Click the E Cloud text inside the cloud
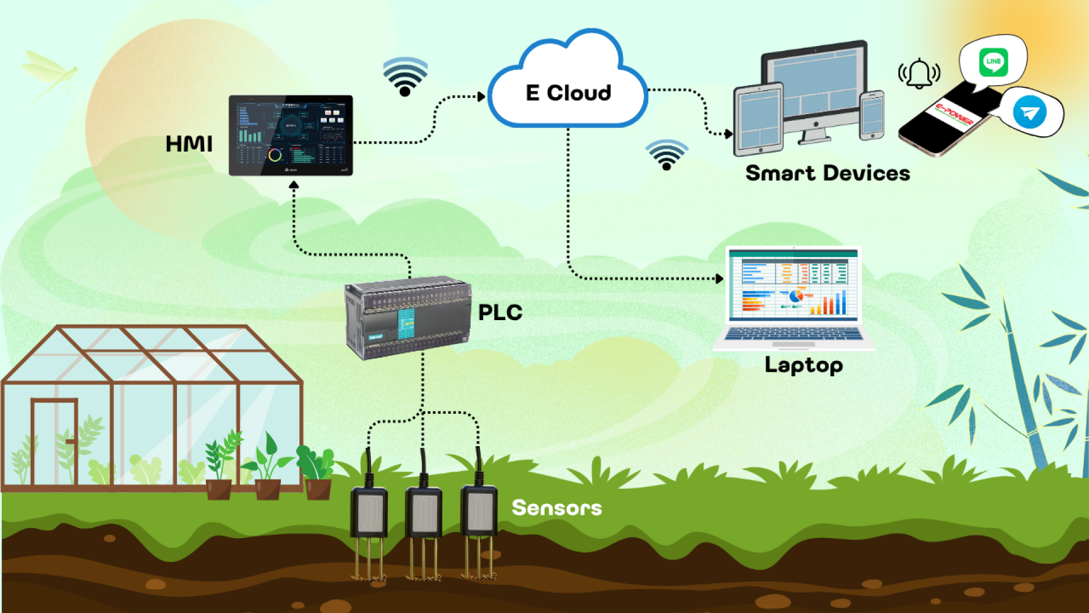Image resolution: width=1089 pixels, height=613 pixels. pos(568,93)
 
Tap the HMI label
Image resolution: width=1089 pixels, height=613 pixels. pos(189,144)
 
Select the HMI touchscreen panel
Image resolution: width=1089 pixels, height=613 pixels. pos(290,135)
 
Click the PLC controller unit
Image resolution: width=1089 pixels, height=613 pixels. pos(407,318)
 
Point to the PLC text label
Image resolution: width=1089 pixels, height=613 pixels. pos(500,313)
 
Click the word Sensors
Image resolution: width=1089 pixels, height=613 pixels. pos(556,508)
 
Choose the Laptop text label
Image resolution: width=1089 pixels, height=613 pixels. pos(803,365)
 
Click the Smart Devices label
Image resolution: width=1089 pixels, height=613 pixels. pos(827,173)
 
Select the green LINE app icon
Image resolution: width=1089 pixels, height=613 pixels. pos(993,62)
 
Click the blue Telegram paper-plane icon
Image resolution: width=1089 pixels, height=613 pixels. pos(1029,112)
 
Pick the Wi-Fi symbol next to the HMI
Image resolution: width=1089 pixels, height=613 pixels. pos(405,77)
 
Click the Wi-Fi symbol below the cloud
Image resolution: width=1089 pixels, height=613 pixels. pos(666,154)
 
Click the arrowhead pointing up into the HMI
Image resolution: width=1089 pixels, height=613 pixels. pos(294,185)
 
